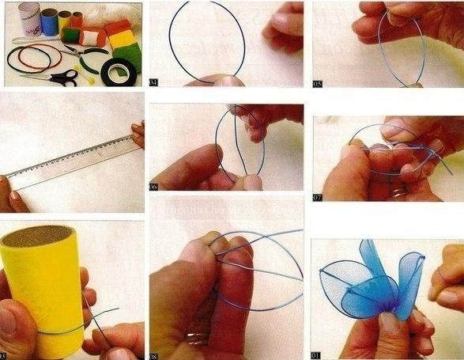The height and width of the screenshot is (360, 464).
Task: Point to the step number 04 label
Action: click(x=153, y=81)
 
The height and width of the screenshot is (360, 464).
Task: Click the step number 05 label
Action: click(x=318, y=81)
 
